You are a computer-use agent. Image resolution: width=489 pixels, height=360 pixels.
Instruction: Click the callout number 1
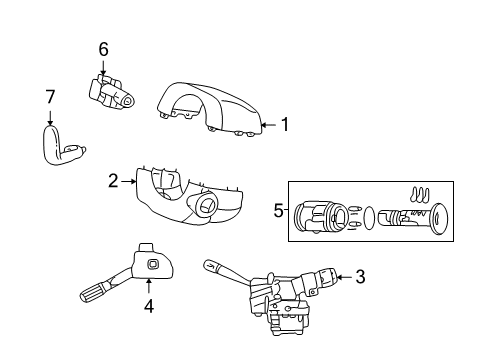coord(284,125)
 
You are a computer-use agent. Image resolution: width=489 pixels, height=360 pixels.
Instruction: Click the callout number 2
coord(114,181)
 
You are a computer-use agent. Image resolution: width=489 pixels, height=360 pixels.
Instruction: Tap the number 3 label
coord(360,277)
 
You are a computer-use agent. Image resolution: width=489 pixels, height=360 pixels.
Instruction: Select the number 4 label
coord(148,307)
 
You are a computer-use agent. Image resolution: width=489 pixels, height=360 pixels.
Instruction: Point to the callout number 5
coord(279,211)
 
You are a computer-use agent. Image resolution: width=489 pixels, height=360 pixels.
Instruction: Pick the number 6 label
coord(103,48)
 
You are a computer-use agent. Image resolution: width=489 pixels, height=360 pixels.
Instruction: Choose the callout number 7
coord(49,96)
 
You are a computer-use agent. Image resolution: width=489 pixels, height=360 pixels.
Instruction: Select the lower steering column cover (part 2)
coord(185,196)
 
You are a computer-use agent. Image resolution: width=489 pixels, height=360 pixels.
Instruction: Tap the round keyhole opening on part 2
coord(206,208)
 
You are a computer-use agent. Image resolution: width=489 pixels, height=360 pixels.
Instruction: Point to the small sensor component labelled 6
coord(108,91)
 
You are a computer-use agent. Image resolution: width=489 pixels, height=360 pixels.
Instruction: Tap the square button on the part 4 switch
coord(152,264)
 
